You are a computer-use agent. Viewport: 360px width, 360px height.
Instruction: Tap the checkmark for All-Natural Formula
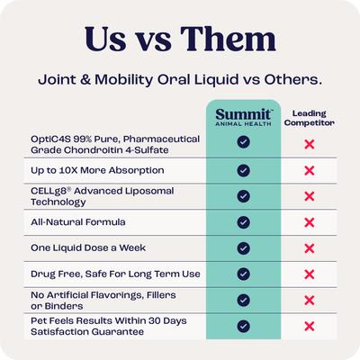[x=243, y=221]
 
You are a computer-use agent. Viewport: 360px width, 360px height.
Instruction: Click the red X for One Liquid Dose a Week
[x=309, y=247]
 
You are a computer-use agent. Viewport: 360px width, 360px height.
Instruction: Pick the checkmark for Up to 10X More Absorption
[x=243, y=169]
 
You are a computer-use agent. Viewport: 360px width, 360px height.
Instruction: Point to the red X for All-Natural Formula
[x=309, y=221]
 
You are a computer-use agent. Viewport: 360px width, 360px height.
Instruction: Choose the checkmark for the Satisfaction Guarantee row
[x=243, y=326]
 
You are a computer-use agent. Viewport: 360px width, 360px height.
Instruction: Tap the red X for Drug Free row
[x=309, y=274]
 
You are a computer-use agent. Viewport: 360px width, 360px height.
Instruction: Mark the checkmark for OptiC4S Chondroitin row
[x=243, y=142]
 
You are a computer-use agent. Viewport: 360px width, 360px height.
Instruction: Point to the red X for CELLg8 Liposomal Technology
[x=309, y=195]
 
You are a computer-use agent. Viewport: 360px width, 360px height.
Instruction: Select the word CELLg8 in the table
[x=48, y=190]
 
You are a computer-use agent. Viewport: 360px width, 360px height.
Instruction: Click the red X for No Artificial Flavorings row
[x=309, y=300]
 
